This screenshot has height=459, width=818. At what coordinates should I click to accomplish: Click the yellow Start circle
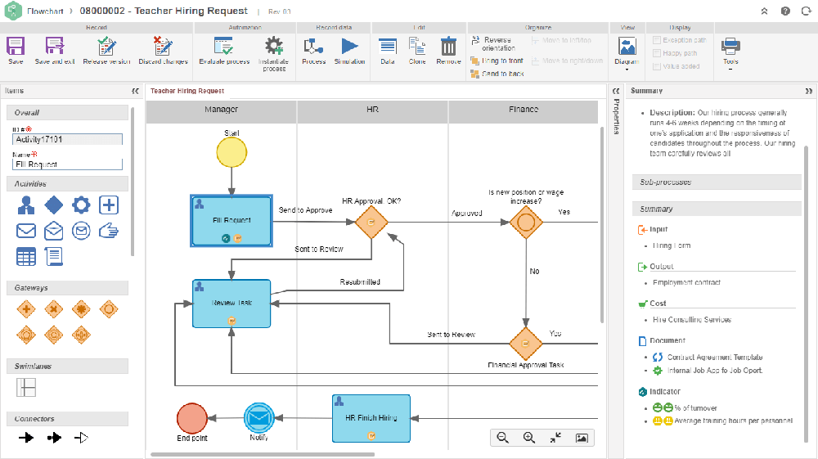click(231, 151)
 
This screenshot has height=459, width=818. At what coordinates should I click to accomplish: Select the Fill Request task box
click(232, 220)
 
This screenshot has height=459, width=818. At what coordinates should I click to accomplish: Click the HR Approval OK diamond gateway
click(371, 221)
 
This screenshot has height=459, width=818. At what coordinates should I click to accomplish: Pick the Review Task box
click(232, 304)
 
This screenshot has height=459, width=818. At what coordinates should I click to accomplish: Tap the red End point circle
click(192, 418)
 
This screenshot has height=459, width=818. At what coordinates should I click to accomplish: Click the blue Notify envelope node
click(259, 418)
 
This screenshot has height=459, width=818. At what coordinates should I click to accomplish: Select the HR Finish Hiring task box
click(371, 418)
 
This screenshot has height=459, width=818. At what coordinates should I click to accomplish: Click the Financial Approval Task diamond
click(526, 344)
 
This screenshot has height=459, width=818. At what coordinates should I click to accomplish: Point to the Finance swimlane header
click(524, 110)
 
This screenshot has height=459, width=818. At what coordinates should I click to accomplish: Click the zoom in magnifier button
click(528, 438)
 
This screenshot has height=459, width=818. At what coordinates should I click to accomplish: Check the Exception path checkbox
click(658, 40)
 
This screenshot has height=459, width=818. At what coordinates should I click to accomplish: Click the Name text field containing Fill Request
click(67, 164)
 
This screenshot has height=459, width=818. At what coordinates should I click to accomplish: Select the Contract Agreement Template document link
click(715, 358)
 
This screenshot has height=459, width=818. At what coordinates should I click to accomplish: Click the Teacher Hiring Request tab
click(187, 91)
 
